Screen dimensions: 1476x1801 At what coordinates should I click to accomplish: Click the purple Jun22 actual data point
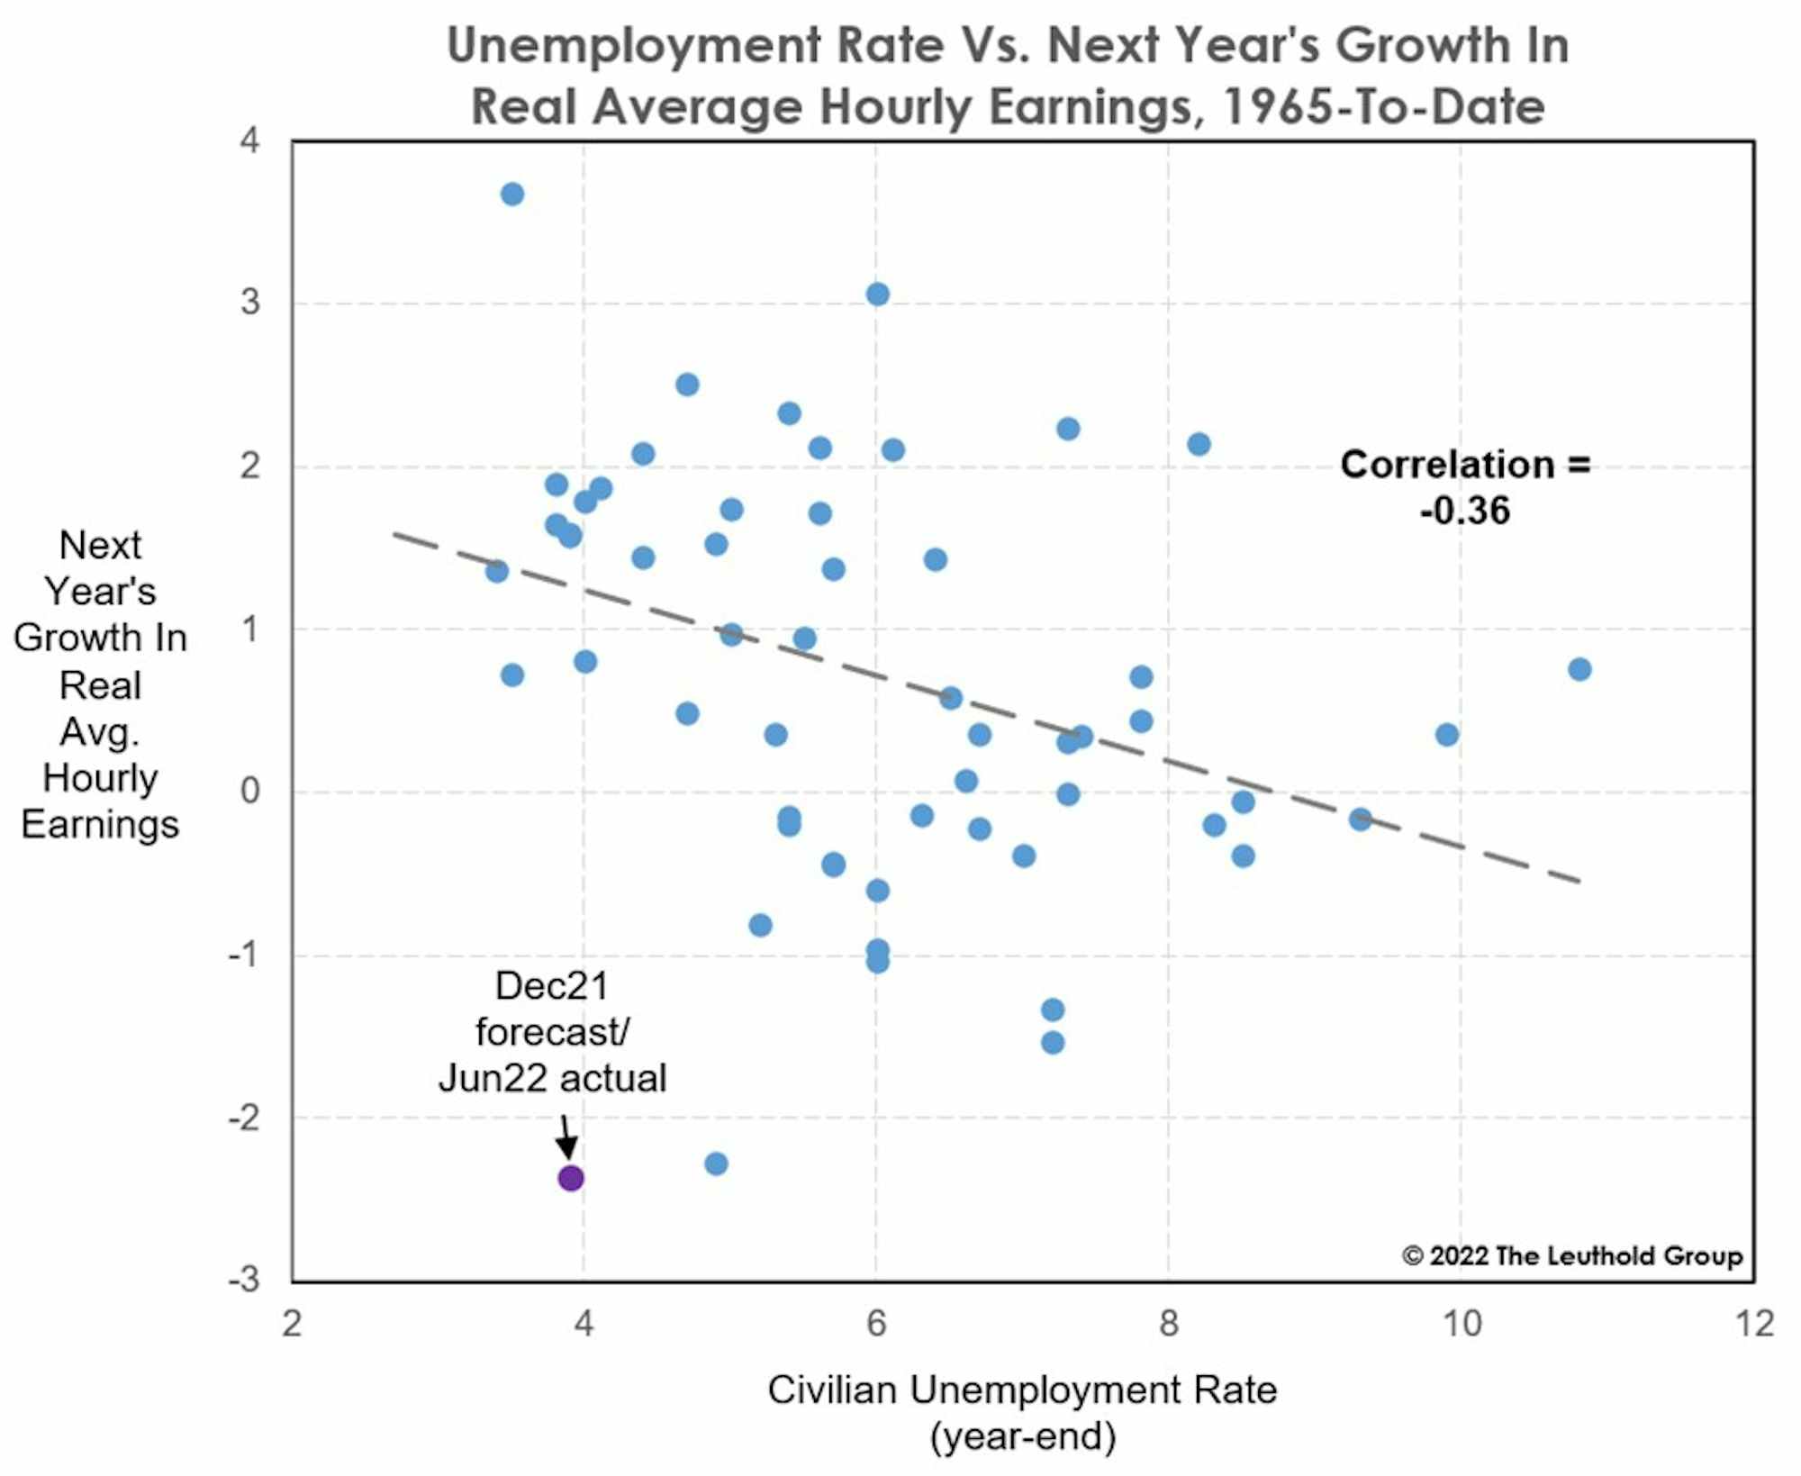571,1178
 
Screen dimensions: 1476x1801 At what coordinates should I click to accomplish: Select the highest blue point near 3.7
512,194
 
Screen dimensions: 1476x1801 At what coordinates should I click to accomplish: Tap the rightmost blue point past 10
1579,669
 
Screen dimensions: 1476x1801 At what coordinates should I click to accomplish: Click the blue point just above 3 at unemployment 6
878,294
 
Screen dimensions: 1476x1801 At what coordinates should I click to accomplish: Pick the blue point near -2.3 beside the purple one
716,1164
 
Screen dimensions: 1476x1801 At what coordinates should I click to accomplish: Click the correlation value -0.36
1465,511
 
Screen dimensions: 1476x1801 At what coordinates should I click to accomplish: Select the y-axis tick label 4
249,140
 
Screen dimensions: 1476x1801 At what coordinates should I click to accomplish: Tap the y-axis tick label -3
244,1279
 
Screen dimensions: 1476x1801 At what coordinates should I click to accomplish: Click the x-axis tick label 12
1754,1324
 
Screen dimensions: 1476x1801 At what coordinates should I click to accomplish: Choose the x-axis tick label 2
292,1324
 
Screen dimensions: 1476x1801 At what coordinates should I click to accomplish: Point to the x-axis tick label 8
1169,1324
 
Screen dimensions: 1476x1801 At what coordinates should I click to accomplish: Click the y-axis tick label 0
250,791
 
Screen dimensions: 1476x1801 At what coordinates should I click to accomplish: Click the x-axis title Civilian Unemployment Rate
1022,1390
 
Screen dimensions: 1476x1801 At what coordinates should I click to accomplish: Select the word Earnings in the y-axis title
100,824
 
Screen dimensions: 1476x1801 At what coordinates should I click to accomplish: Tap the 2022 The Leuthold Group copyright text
1572,1255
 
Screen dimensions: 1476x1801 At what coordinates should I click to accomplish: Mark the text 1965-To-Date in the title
1384,106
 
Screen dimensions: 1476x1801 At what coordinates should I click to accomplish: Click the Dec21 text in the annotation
552,986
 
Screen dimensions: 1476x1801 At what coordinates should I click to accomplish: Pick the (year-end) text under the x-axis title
1022,1436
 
